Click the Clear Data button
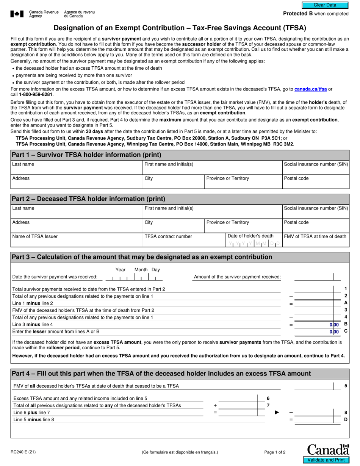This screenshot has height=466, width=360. [x=325, y=5]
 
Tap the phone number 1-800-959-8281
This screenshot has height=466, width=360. [x=36, y=94]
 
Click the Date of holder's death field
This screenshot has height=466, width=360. [x=254, y=244]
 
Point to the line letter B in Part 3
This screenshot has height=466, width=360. [x=346, y=324]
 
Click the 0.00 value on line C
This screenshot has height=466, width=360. [x=334, y=332]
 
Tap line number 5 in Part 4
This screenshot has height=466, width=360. [x=346, y=386]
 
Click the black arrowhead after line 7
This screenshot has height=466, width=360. [x=277, y=412]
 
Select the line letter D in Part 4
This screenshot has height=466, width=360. [x=346, y=419]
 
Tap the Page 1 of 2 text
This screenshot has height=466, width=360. [x=275, y=452]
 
